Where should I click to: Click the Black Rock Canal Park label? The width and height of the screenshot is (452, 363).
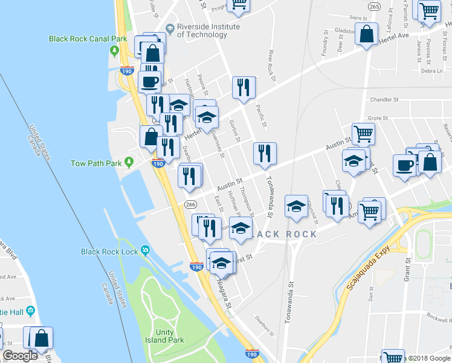88,39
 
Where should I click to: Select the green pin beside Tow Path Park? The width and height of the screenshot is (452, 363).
129,163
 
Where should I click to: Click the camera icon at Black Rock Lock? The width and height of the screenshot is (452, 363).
146,251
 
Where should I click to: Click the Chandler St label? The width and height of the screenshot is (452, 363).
385,99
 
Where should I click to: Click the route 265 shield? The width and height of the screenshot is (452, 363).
374,6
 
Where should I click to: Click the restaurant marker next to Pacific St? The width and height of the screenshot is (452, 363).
244,87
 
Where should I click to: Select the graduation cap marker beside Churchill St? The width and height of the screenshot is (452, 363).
296,206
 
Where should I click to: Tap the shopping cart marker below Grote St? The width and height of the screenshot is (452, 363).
363,134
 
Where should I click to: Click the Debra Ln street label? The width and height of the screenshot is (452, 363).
433,71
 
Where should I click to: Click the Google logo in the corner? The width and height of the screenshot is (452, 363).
20,356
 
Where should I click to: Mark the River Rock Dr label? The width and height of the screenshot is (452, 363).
271,64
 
